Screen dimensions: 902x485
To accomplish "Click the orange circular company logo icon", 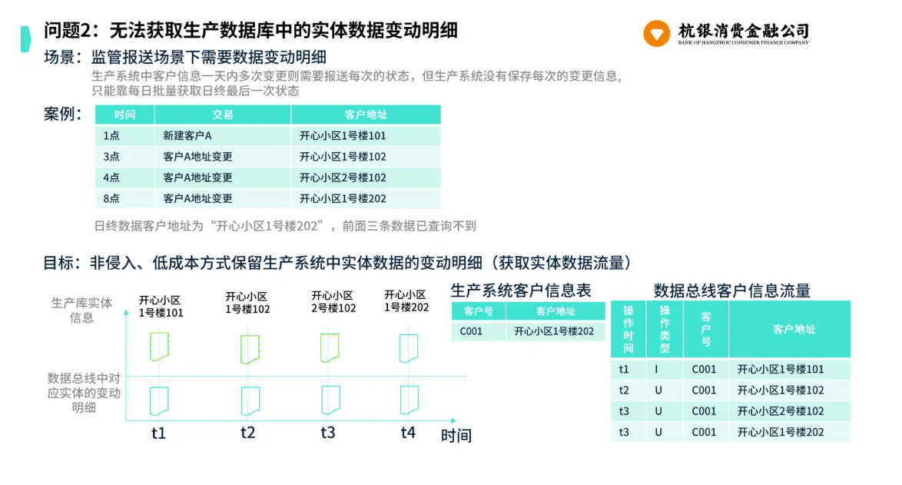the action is pos(656,33).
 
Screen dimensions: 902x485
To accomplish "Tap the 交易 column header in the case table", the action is pos(223,115).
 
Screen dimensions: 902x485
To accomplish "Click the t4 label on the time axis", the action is pos(408,432).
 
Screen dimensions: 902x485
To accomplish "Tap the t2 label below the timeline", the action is pos(248,433).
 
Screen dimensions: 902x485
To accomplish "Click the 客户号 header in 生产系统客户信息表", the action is pos(479,311).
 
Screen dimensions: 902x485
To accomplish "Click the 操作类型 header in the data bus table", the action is pos(665,329).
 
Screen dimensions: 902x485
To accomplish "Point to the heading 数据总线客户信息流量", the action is pos(731,291).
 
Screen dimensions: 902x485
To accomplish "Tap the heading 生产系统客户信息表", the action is pos(521,291).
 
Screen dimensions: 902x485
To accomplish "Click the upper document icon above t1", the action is pos(159,347).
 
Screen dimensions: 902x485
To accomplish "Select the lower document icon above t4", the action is pos(409,400).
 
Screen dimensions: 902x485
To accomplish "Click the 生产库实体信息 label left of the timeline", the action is pos(81,310).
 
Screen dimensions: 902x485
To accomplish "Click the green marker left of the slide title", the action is pos(26,39).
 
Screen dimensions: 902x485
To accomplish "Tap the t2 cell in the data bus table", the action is pos(624,390).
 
